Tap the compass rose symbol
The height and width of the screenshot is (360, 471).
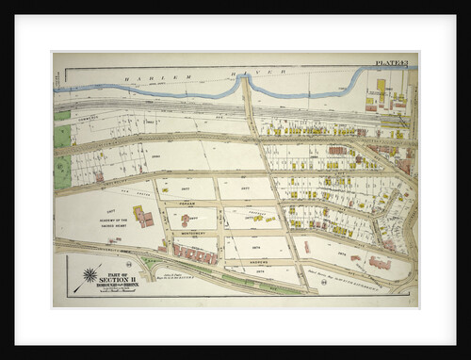pos(89,275)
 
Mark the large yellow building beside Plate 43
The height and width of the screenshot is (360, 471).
pos(381,87)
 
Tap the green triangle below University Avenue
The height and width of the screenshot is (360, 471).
pos(151,258)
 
